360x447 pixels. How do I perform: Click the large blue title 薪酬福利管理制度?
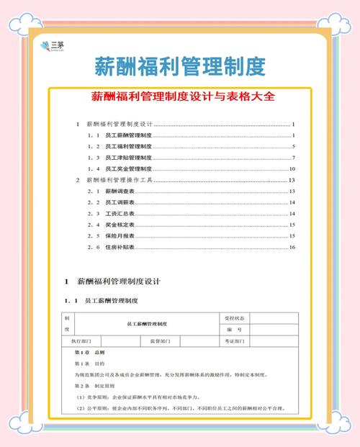pos(180,67)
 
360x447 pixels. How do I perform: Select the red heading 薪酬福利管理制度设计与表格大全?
pos(180,96)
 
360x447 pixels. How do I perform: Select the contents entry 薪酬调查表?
pos(120,191)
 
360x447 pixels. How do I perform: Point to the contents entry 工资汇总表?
pos(120,214)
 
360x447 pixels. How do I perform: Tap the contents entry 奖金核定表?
pos(120,225)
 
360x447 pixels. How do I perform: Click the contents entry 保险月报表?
pos(120,236)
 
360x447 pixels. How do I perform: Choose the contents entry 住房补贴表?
pos(120,248)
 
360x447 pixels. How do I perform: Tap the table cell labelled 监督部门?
pos(160,341)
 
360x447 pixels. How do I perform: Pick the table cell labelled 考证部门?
pos(235,341)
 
